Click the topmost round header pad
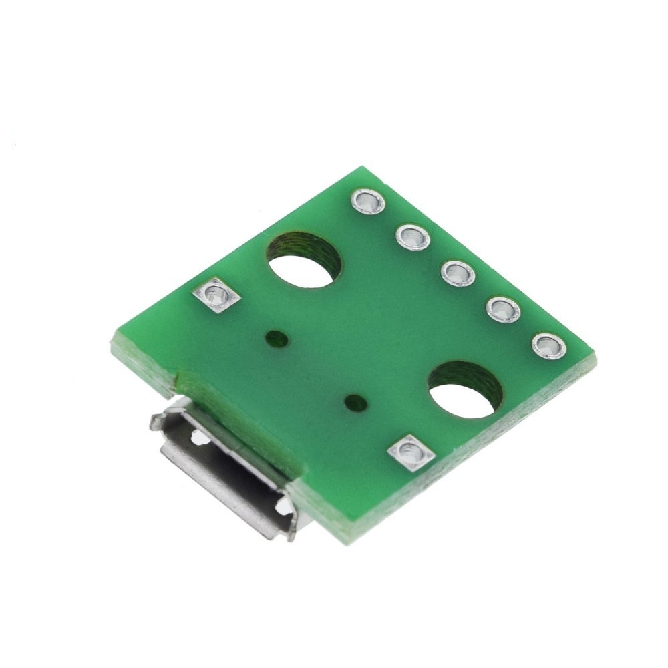coord(368,200)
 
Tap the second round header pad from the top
coord(412,236)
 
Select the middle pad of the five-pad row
coord(458,273)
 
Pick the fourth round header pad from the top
coord(504,309)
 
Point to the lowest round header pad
coord(549,345)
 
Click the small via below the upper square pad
coord(277,339)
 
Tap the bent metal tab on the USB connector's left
coord(155,421)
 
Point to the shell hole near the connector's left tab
coord(196,438)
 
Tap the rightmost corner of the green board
coord(595,361)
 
